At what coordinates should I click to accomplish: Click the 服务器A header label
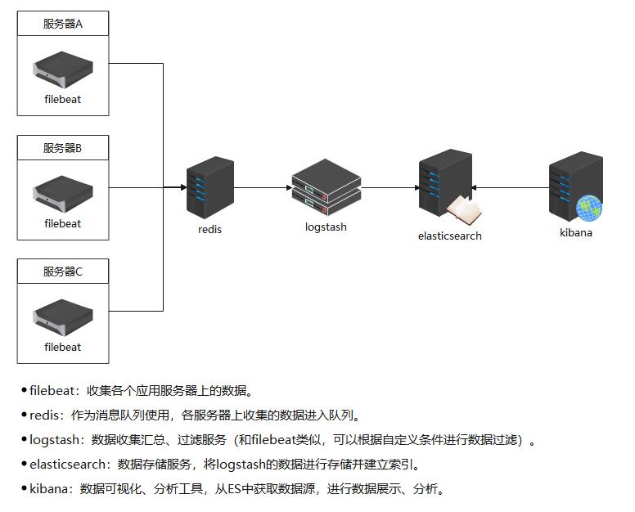click(x=63, y=24)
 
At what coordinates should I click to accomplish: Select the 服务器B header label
click(x=63, y=148)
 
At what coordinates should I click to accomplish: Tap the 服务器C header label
click(x=63, y=272)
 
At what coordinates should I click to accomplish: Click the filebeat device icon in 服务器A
click(x=63, y=70)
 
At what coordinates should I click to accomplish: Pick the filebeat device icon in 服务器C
click(x=63, y=317)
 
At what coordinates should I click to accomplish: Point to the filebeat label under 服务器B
click(x=63, y=223)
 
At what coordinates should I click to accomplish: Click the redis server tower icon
click(x=210, y=188)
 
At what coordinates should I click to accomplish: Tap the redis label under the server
click(x=209, y=230)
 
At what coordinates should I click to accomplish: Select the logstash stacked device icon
click(x=327, y=187)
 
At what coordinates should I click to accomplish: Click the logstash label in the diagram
click(x=326, y=227)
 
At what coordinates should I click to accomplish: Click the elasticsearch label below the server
click(x=450, y=236)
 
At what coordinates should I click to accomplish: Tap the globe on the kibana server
click(x=589, y=208)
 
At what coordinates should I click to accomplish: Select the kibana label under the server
click(x=576, y=233)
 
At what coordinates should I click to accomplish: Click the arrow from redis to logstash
click(x=263, y=187)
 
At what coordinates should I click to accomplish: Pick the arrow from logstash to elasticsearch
click(x=390, y=187)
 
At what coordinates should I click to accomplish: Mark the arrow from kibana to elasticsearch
click(x=511, y=187)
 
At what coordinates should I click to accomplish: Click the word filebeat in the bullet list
click(x=52, y=391)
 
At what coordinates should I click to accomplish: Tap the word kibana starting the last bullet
click(x=48, y=489)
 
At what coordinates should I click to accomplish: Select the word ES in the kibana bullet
click(x=235, y=489)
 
